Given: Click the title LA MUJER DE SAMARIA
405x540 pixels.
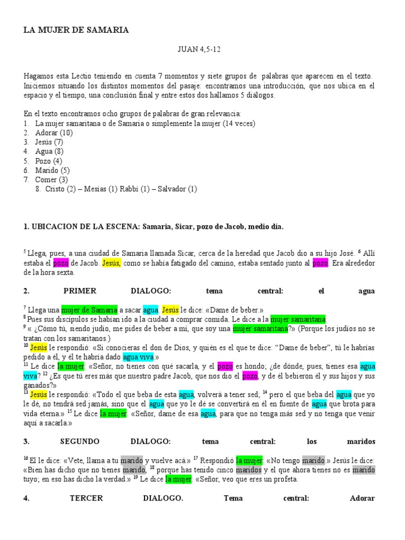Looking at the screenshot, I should coord(76,30).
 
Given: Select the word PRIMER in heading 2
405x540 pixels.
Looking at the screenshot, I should coord(80,291).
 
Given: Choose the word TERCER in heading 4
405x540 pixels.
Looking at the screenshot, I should coord(86,498).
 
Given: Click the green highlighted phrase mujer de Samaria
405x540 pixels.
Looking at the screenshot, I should coord(89,310).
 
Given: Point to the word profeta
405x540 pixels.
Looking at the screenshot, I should coord(285,479).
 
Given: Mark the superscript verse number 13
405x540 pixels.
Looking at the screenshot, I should coord(26,393).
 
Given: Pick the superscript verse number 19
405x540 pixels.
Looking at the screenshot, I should coord(135,477).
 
